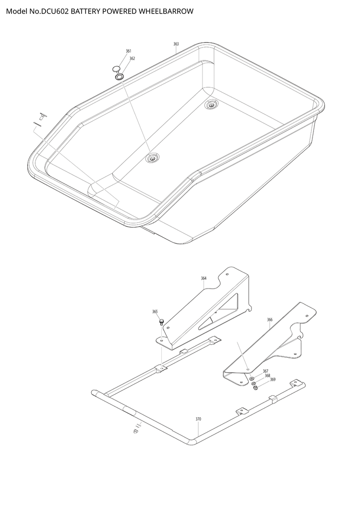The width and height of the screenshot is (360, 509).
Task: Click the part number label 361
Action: click(129, 51)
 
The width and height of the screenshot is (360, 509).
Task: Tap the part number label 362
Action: click(132, 59)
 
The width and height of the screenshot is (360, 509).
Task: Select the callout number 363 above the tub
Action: click(176, 44)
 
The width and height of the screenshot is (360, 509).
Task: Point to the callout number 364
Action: click(204, 278)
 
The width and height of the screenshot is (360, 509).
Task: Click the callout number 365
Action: click(155, 312)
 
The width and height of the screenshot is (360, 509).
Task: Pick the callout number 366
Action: click(270, 320)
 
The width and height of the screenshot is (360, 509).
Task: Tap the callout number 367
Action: click(265, 371)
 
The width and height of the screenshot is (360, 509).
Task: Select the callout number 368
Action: click(267, 376)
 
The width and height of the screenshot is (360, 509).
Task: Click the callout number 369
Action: click(273, 379)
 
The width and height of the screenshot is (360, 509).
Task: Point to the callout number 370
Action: click(198, 419)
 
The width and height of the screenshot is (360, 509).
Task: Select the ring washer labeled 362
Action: click(120, 77)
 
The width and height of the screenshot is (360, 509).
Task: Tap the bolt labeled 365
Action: click(161, 322)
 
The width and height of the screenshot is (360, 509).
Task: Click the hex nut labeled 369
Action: click(255, 388)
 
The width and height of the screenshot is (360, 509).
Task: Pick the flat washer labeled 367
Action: click(252, 378)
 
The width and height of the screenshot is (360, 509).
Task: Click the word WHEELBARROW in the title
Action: click(166, 12)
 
